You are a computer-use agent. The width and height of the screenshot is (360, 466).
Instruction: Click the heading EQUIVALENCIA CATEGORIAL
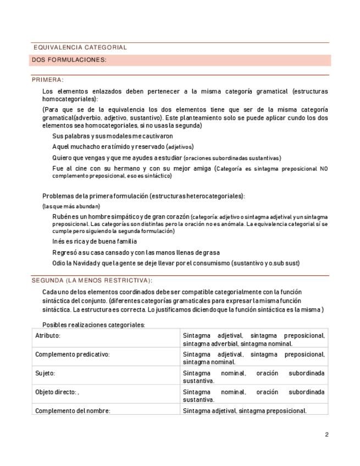click(80, 48)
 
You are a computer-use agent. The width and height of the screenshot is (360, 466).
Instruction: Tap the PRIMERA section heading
click(48, 80)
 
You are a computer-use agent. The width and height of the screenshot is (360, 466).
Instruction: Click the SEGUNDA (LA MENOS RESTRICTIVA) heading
click(91, 280)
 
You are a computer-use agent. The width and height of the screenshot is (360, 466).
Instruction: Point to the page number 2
click(326, 435)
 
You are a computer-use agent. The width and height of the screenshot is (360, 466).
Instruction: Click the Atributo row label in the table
click(48, 335)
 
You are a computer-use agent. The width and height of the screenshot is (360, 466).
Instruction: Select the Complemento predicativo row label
click(73, 354)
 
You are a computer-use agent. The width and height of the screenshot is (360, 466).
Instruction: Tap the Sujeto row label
click(45, 373)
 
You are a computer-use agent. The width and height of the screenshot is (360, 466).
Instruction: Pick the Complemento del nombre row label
click(73, 410)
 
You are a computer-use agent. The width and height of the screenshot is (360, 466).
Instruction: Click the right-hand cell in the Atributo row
click(253, 339)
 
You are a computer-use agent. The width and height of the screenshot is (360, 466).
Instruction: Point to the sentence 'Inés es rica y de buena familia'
click(95, 241)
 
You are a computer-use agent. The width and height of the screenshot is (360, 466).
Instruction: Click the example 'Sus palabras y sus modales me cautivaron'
click(113, 136)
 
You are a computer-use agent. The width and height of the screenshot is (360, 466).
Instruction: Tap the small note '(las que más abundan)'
click(71, 206)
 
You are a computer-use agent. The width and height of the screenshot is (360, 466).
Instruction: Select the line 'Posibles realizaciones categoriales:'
click(93, 325)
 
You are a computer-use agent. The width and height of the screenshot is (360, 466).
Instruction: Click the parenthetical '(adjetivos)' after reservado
click(180, 147)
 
